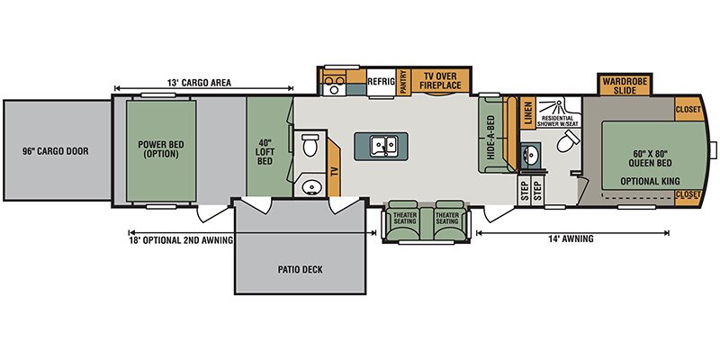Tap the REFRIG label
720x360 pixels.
point(381,82)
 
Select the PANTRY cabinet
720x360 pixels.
point(403,82)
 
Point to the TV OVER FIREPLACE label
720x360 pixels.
point(440,81)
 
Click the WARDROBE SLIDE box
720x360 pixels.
point(625,85)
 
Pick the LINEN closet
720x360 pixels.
point(527,113)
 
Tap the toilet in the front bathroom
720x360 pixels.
point(568,140)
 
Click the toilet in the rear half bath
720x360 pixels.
point(310,144)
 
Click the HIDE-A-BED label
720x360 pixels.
point(490,138)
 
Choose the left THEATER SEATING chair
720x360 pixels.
point(404,220)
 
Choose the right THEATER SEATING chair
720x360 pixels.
point(447,220)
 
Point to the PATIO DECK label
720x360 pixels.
point(300,269)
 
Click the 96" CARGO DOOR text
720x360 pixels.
point(55,151)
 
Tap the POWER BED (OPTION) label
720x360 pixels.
point(161,149)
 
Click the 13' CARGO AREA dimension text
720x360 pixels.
point(199,83)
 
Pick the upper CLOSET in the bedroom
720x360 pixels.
point(688,109)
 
